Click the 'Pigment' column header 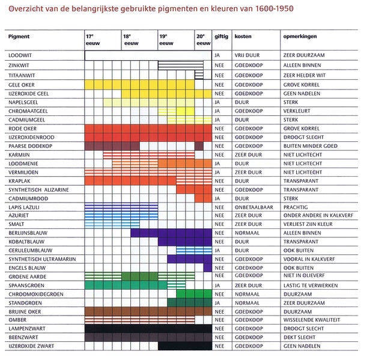click(x=19, y=37)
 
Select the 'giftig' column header click(x=221, y=37)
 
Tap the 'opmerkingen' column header click(x=300, y=37)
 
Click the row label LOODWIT click(x=20, y=55)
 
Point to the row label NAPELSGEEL click(x=23, y=102)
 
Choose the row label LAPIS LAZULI click(x=24, y=207)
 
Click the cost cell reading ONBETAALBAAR click(x=254, y=207)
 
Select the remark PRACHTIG click(x=296, y=207)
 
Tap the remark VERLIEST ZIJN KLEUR click(x=308, y=224)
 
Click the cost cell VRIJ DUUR click(x=247, y=55)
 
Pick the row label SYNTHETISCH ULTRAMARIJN click(x=43, y=259)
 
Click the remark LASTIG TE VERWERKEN click(x=311, y=285)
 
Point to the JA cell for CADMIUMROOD click(x=217, y=198)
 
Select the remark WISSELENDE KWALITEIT click(x=312, y=320)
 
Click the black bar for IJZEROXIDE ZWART click(x=185, y=346)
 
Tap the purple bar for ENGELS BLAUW click(x=208, y=267)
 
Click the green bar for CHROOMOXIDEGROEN click(x=194, y=294)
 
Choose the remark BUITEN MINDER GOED click(x=311, y=146)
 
